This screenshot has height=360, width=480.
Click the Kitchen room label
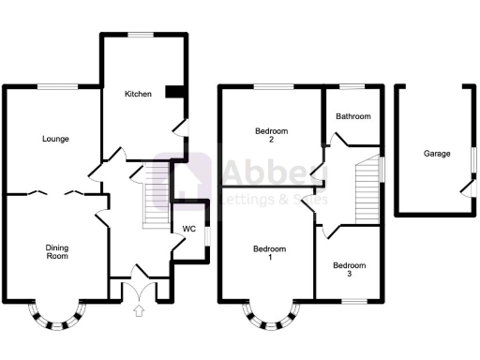point(138,95)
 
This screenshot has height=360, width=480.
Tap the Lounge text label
point(55,139)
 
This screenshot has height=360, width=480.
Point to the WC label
point(188,229)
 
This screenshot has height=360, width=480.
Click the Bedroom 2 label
point(271,135)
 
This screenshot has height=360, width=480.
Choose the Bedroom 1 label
point(270,253)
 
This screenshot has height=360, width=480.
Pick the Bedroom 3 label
point(351,270)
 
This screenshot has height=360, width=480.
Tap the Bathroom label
point(353,117)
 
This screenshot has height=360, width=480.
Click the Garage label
point(436,153)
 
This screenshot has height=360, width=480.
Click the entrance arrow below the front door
point(140,312)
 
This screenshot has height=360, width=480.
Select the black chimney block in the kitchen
point(174,91)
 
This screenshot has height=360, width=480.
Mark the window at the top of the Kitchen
point(142,36)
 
